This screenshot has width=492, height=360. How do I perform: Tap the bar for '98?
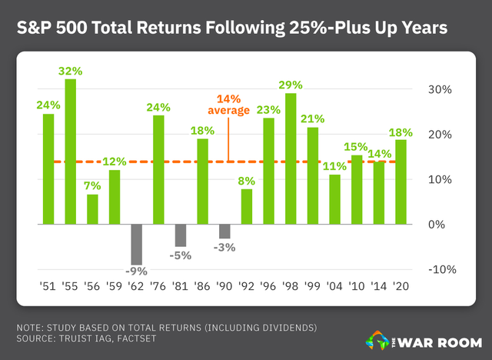[x=291, y=158]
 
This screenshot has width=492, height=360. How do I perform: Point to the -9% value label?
[x=137, y=270]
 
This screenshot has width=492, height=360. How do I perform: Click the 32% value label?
[x=71, y=72]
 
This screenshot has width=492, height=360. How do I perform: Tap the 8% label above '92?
[x=247, y=182]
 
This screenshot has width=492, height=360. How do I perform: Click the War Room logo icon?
[x=376, y=338]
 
